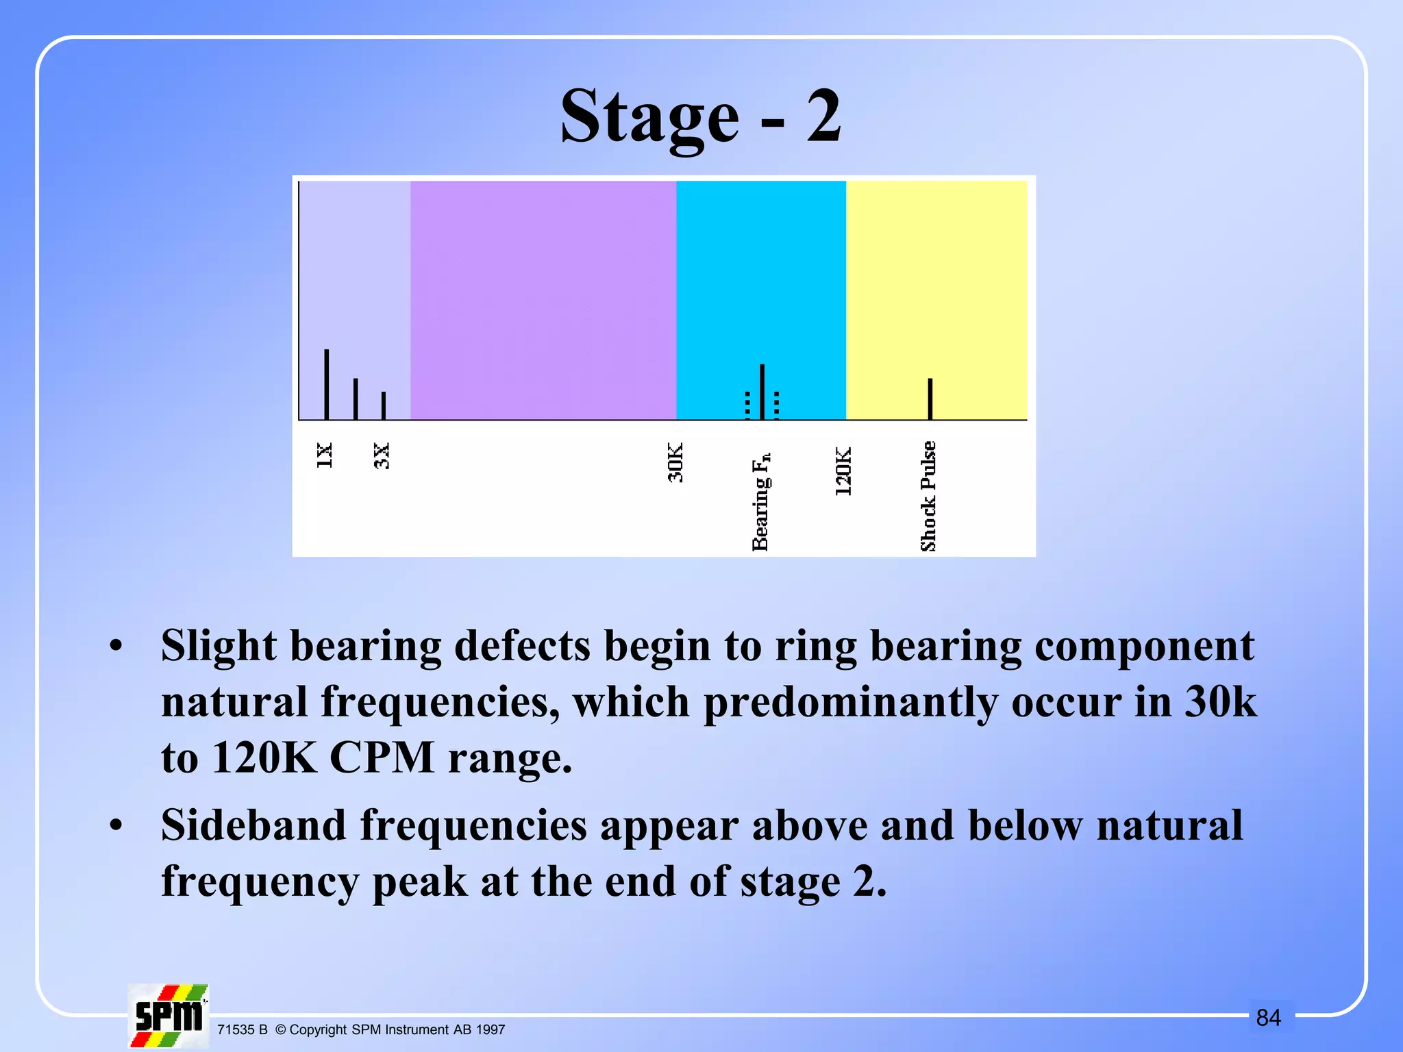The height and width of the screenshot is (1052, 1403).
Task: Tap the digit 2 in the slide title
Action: [823, 116]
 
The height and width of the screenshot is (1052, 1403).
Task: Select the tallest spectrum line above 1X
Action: [327, 385]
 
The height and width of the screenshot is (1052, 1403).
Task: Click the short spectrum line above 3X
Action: [384, 405]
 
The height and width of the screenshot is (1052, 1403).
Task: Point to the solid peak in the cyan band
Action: [762, 392]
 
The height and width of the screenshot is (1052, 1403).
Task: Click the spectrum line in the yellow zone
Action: [930, 399]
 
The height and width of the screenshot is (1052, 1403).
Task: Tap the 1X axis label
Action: [325, 455]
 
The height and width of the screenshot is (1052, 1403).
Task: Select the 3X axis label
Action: [382, 455]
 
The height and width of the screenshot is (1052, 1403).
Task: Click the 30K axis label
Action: [675, 463]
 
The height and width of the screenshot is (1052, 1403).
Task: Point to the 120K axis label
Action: [843, 472]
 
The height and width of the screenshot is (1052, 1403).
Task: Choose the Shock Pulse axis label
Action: [928, 497]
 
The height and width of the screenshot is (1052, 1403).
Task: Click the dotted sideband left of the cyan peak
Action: [747, 405]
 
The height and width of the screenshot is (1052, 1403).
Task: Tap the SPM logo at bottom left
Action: [168, 1016]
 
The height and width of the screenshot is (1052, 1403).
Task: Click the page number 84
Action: [1268, 1018]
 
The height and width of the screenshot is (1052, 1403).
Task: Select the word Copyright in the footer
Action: [318, 1029]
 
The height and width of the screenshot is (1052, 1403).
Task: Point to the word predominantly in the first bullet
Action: [851, 702]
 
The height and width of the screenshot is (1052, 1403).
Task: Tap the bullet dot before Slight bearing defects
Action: [116, 646]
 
